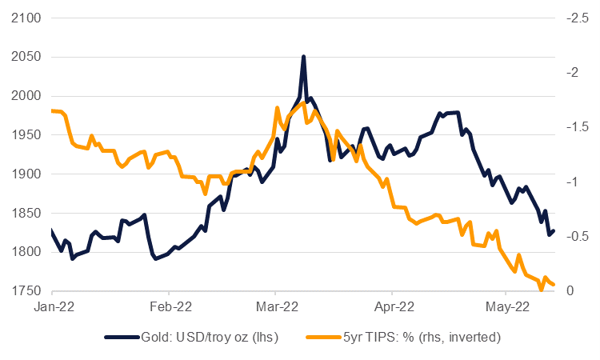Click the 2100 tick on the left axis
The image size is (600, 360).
25,18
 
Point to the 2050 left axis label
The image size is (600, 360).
25,57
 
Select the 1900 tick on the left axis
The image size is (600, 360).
25,174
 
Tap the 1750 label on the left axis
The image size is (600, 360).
25,291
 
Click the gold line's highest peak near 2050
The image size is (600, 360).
303,57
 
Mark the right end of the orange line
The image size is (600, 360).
554,285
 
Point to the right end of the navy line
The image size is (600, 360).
554,230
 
